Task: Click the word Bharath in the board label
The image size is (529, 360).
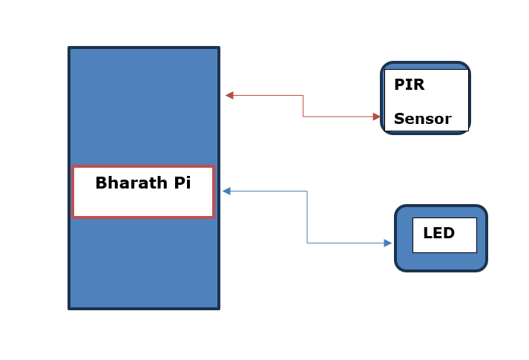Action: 132,183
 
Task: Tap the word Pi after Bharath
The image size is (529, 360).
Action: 183,183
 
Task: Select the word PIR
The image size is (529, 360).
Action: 409,85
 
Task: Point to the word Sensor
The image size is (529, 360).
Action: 422,119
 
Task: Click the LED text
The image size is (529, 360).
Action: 438,233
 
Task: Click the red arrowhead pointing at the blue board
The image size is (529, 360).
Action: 229,95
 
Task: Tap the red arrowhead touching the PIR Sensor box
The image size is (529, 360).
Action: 376,117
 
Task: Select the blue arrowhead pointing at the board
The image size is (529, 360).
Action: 226,192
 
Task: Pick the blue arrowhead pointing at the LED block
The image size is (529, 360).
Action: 387,243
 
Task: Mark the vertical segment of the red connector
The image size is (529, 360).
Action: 303,105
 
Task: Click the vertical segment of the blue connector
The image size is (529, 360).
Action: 307,217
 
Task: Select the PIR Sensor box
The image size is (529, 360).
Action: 426,99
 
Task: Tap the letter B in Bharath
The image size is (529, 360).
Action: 101,183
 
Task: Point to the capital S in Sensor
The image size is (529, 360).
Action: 398,119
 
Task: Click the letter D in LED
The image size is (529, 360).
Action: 448,233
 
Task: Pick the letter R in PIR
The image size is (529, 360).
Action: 419,85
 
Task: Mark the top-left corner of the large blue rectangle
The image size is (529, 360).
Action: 70,49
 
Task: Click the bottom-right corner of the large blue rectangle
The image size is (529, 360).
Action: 218,307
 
